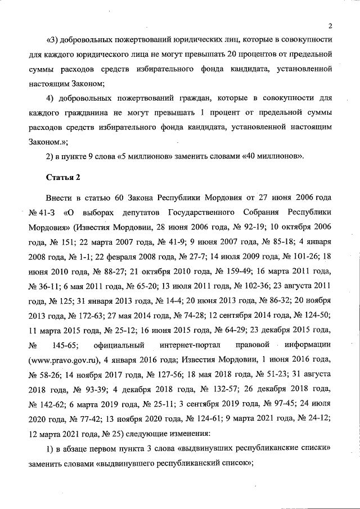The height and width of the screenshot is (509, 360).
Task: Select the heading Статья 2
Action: click(x=62, y=178)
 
